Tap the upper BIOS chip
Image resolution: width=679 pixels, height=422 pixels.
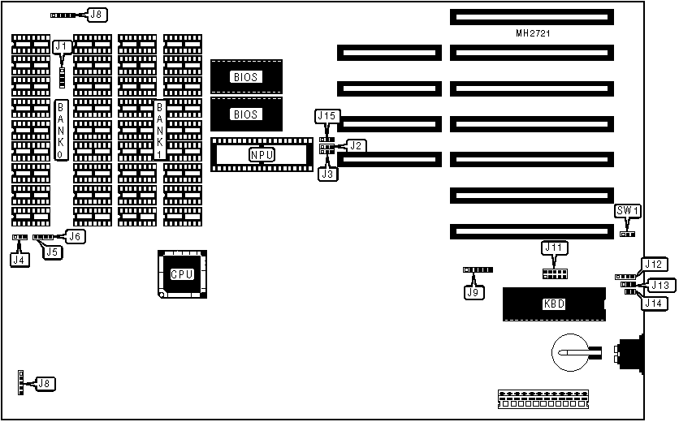click(x=245, y=77)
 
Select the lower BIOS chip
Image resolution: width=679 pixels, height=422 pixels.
click(x=245, y=114)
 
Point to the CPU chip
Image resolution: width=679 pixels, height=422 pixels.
click(x=181, y=273)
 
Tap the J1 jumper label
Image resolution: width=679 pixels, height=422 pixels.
click(x=62, y=47)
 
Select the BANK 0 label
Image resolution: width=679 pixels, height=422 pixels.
click(x=61, y=130)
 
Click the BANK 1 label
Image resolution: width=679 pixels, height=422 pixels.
click(x=160, y=130)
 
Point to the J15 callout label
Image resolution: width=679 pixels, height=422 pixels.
click(x=327, y=117)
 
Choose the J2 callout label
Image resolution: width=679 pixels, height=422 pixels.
click(x=357, y=145)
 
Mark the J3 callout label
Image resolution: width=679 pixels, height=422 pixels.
click(x=327, y=173)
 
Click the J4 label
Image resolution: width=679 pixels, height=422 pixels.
click(x=19, y=260)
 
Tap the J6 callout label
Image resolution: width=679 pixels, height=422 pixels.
click(x=74, y=236)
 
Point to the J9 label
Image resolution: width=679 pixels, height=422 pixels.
click(x=471, y=291)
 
